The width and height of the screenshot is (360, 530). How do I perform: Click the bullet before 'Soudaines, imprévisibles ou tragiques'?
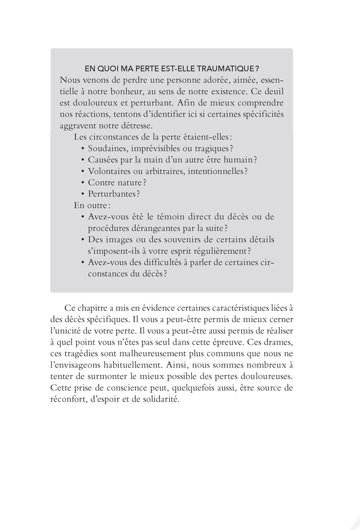click(83, 148)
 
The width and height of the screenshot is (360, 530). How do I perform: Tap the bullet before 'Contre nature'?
click(83, 182)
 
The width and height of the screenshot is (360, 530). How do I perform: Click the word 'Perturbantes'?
click(113, 193)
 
